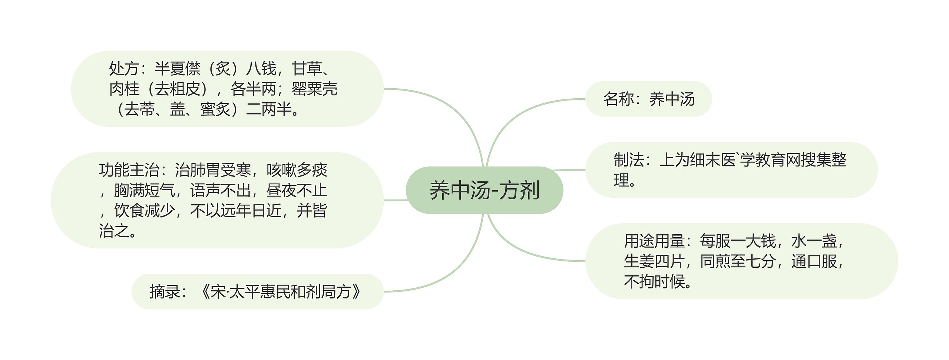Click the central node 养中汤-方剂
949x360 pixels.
click(484, 190)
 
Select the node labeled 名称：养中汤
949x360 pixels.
click(648, 99)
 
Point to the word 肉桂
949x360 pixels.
click(124, 89)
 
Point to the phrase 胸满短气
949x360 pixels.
click(144, 191)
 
